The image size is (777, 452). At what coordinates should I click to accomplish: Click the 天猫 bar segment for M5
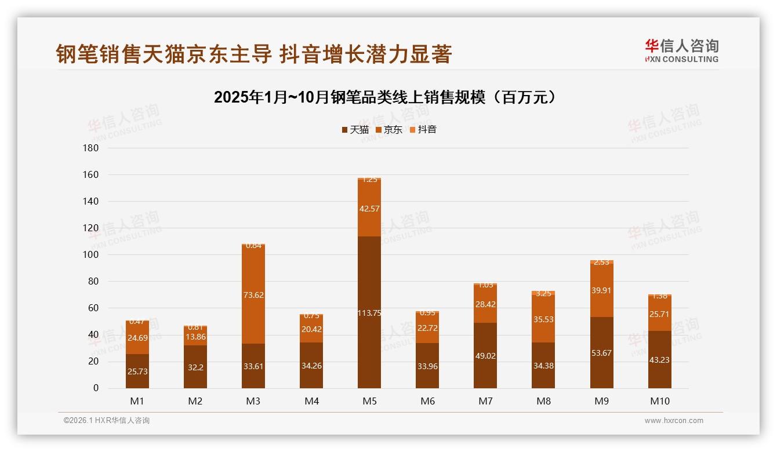tap(369, 290)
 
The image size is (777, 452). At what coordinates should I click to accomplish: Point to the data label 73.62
tap(253, 295)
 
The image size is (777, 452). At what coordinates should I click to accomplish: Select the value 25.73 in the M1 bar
tap(137, 371)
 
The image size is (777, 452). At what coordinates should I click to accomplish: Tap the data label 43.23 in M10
tap(660, 360)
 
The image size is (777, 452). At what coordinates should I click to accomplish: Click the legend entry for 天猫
tap(355, 130)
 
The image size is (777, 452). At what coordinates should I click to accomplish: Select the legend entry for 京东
tap(388, 130)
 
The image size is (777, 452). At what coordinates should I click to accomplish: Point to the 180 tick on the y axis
tap(91, 148)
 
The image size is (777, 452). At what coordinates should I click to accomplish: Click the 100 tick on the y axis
tap(91, 255)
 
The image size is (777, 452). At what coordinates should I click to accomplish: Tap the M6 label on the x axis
tap(427, 401)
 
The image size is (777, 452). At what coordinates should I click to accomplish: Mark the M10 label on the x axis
tap(660, 401)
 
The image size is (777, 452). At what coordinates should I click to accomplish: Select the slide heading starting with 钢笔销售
tap(253, 54)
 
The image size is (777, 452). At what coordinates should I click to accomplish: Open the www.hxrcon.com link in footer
tap(674, 421)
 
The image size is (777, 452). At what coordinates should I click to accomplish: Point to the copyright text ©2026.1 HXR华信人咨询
tap(106, 421)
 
